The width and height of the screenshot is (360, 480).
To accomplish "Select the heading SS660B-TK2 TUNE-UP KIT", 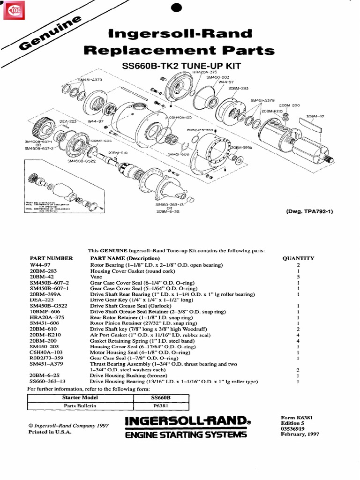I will [181, 67].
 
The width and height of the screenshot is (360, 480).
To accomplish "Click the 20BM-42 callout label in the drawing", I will [315, 116].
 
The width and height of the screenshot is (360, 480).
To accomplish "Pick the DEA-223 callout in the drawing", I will [67, 121].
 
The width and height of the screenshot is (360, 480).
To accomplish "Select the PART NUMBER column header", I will [52, 258].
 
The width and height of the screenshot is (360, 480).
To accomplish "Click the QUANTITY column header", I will [298, 258].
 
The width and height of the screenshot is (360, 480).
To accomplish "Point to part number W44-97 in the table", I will [39, 265].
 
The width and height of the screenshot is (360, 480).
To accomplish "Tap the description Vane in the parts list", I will [96, 277].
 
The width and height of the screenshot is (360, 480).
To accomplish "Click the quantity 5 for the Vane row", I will [298, 277].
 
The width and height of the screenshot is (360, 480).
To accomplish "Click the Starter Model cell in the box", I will [81, 397].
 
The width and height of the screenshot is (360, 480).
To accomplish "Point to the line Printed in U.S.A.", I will [50, 432].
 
